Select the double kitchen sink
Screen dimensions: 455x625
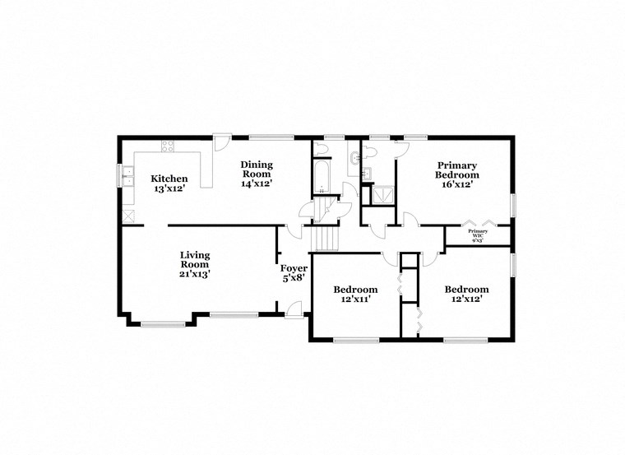[x=128, y=176]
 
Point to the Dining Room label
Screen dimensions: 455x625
[x=256, y=174]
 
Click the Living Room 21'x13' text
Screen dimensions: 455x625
[x=195, y=264]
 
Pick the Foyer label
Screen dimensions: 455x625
[x=294, y=273]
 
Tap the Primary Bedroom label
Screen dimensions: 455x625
[x=457, y=174]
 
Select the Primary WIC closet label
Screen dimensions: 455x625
[x=479, y=235]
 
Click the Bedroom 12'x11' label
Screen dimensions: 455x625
[x=355, y=294]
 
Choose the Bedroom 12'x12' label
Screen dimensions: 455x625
[x=466, y=294]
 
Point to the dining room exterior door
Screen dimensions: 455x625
[x=222, y=142]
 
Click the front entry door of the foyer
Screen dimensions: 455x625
[x=294, y=310]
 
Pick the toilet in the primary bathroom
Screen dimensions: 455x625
[x=369, y=151]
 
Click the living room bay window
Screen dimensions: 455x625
[x=162, y=323]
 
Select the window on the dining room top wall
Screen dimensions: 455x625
[x=271, y=137]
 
